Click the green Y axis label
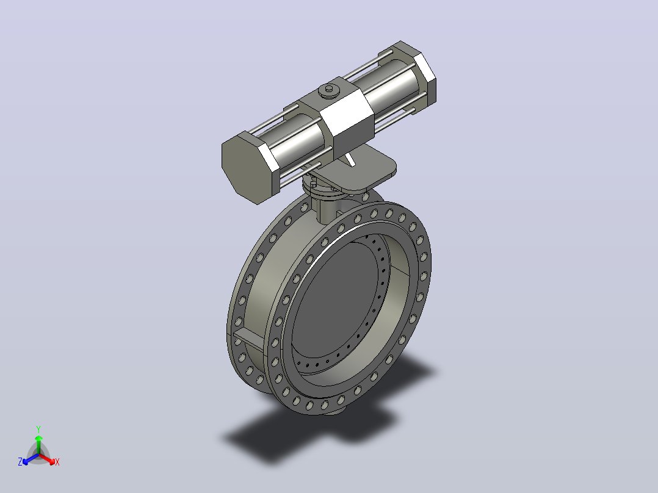38,429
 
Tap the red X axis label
57,462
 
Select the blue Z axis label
20,461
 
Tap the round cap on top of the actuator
329,91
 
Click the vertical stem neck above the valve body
326,210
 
